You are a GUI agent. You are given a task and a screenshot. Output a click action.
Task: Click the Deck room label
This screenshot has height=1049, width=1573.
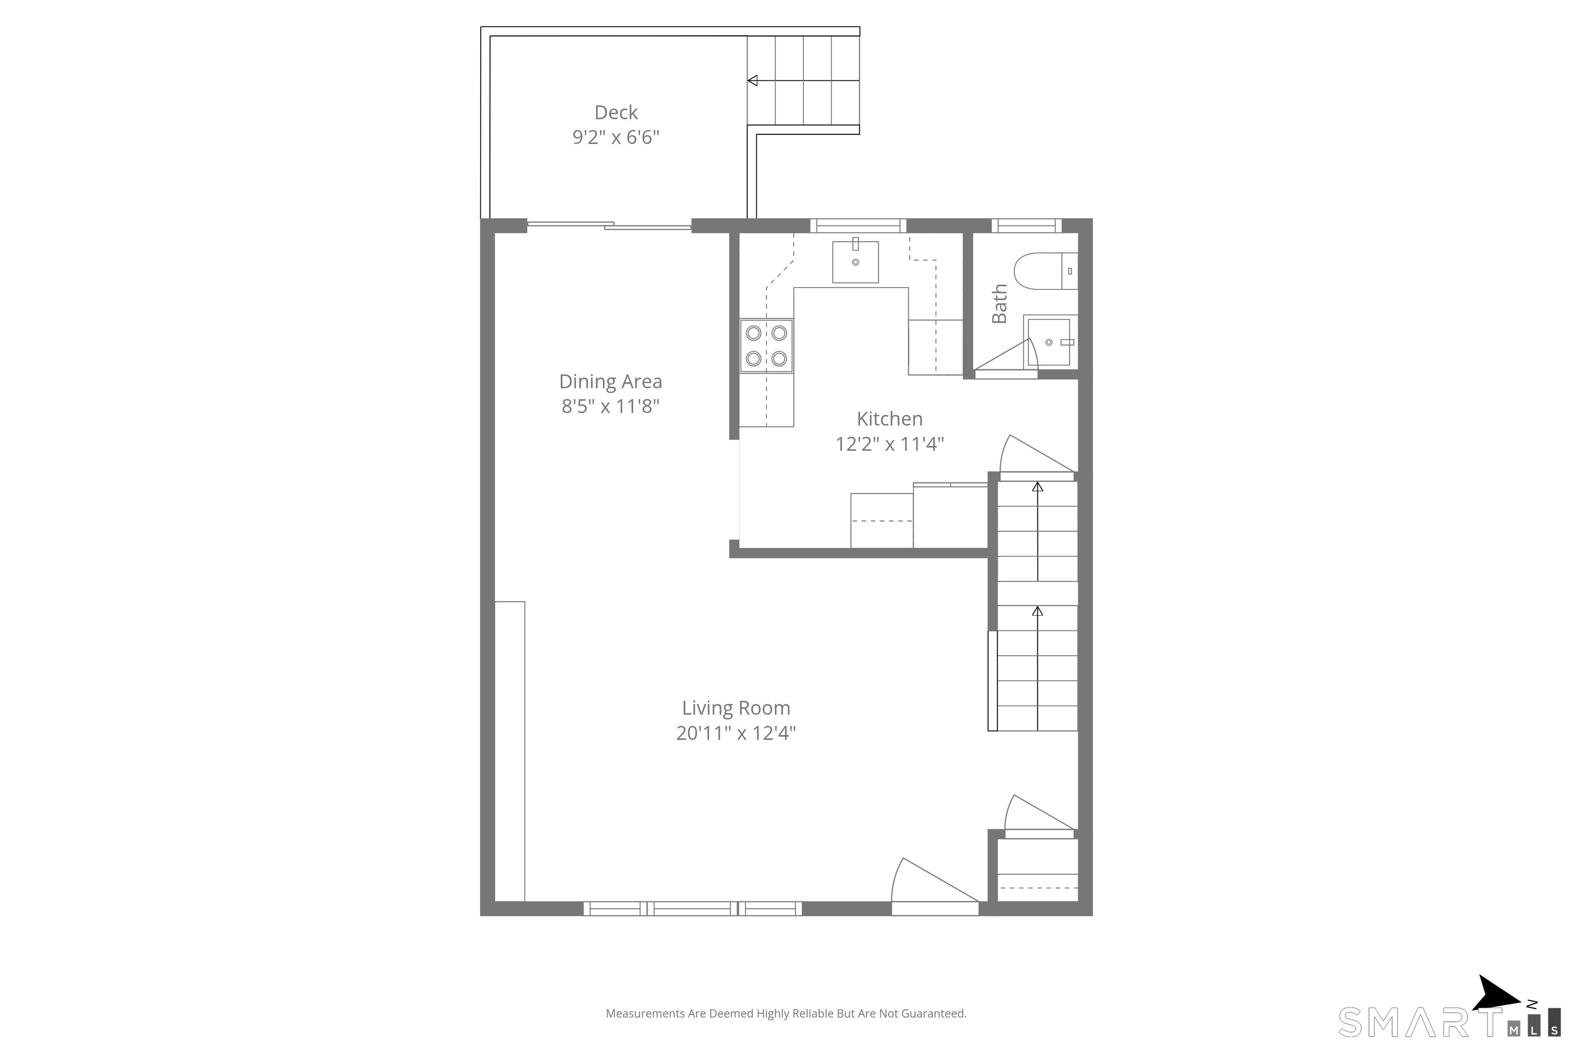coord(616,112)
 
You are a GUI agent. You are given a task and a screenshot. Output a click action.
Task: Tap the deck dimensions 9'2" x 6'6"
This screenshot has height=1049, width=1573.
coord(616,137)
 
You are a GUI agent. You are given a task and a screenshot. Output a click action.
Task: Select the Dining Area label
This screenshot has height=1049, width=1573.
coord(610,381)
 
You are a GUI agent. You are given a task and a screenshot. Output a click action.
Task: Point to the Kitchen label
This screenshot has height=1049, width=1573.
coord(889,419)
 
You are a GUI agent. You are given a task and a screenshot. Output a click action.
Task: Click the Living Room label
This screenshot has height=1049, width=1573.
coord(736,708)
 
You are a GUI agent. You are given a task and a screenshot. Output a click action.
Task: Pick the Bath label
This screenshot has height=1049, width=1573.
coord(999,303)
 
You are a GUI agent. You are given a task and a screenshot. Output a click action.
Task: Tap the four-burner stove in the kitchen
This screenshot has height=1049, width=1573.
coord(767,346)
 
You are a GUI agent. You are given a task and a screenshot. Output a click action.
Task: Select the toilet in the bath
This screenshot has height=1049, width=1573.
coord(1045,271)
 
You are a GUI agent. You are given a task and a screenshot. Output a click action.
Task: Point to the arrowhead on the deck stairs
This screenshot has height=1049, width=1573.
coord(752,81)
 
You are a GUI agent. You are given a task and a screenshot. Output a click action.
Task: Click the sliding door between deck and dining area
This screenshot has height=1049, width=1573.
coord(609,225)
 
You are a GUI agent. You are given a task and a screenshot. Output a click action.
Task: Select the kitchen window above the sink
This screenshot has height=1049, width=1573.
coord(858,225)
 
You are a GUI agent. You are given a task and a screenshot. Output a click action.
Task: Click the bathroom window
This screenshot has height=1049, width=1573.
coord(1026,225)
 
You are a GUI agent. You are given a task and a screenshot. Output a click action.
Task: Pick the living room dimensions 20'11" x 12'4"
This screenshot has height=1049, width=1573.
coord(736,733)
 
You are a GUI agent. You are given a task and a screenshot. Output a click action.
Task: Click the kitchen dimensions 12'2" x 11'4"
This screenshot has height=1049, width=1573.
coord(889,444)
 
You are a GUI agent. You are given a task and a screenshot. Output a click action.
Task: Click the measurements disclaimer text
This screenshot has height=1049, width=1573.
coord(786,1014)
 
